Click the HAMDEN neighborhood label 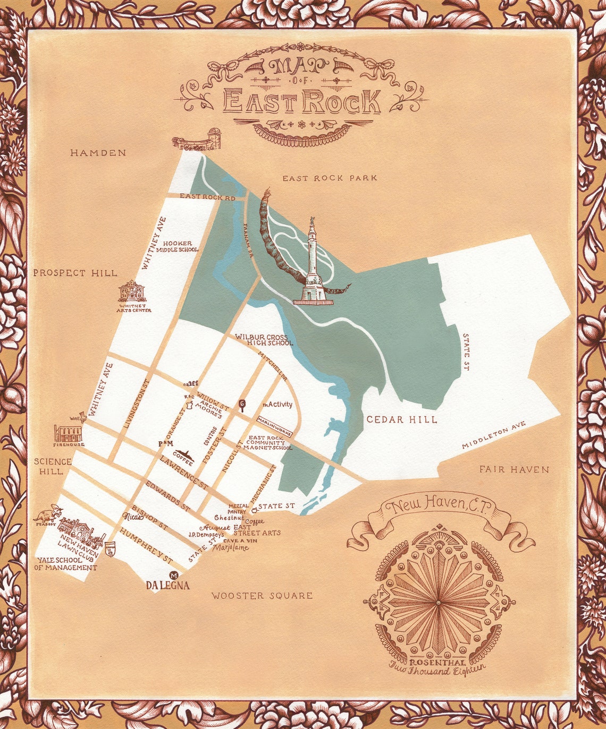click(x=98, y=153)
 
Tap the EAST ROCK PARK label click(x=330, y=178)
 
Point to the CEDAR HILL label click(x=402, y=419)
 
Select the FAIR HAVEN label click(x=514, y=469)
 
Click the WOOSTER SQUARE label click(x=262, y=595)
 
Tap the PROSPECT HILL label click(x=75, y=273)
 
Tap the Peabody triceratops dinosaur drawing click(x=45, y=514)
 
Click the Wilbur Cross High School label click(x=264, y=340)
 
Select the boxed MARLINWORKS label click(x=273, y=419)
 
